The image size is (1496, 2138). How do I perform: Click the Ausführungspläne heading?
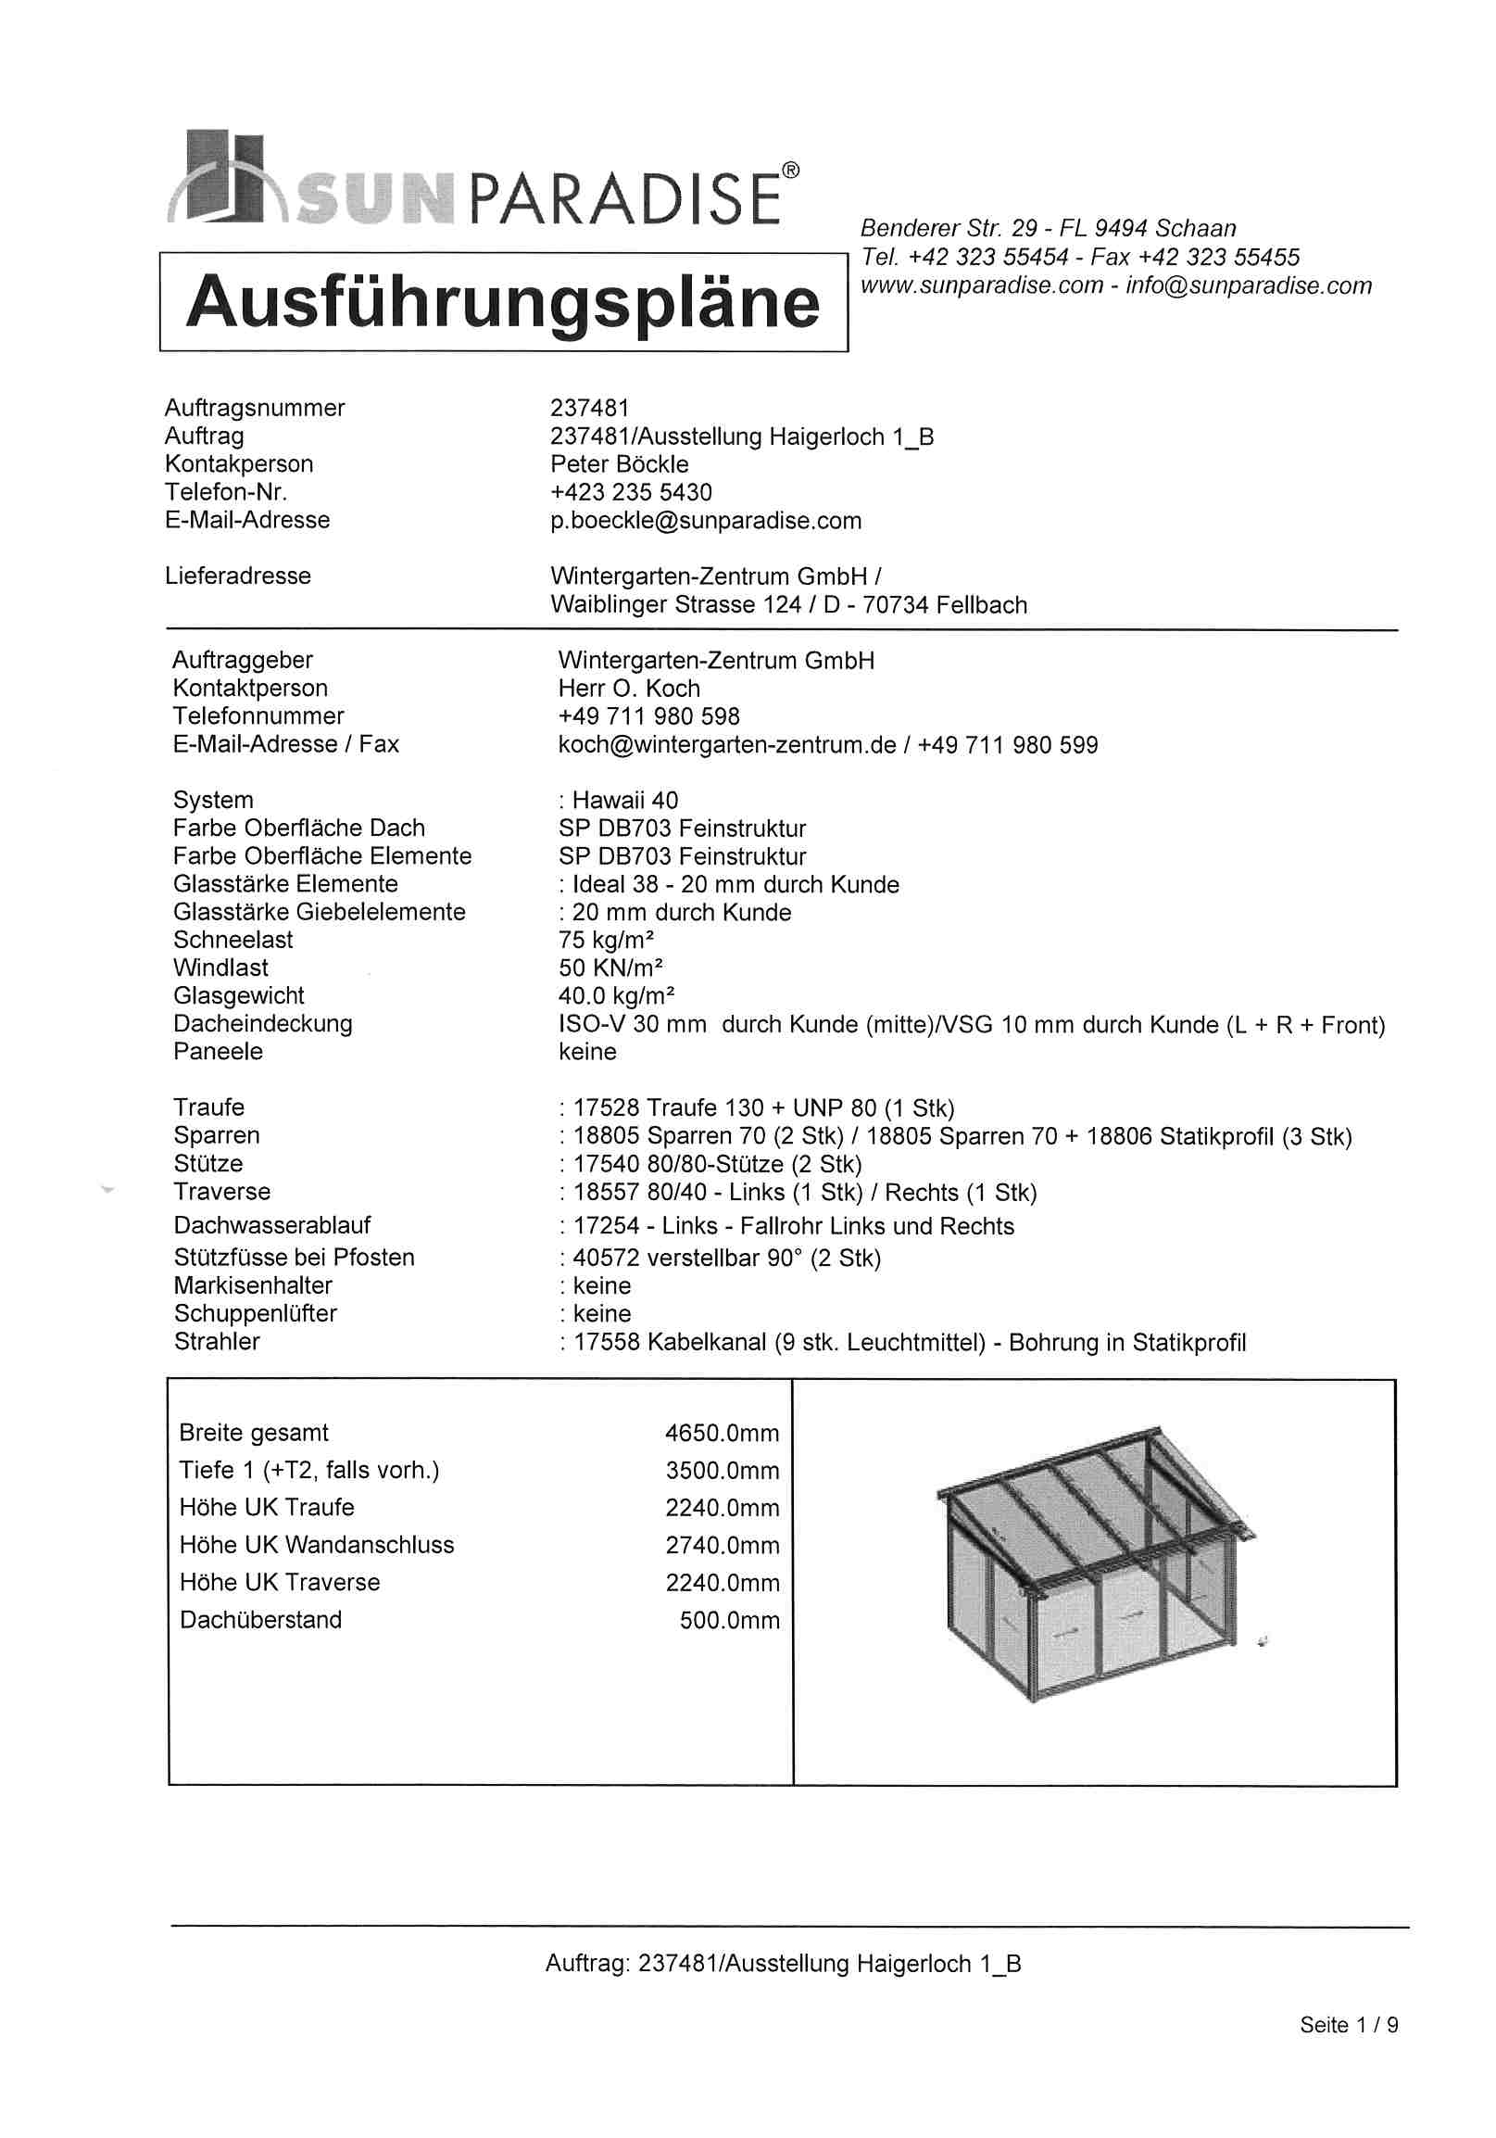503,303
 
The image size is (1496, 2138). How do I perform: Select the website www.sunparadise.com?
981,285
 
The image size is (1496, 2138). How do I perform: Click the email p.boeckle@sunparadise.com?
706,521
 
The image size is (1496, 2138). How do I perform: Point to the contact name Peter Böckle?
619,463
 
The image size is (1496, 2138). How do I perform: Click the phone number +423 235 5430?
630,492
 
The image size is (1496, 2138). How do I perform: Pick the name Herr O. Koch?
628,689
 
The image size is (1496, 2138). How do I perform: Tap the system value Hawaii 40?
624,800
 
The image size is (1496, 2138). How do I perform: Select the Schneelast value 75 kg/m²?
606,940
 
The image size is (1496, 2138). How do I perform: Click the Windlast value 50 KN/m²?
610,968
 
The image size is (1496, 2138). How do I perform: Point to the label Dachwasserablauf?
271,1225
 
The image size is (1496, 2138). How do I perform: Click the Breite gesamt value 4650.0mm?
722,1433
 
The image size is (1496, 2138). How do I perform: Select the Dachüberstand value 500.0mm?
729,1620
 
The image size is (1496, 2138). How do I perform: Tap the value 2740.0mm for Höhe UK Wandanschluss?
722,1546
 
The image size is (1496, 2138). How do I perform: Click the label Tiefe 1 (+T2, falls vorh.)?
309,1471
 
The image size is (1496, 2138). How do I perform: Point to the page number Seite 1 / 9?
1348,2024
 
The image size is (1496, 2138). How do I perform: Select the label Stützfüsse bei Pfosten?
294,1257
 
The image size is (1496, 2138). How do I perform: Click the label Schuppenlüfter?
255,1313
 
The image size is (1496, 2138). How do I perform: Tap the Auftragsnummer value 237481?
589,408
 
